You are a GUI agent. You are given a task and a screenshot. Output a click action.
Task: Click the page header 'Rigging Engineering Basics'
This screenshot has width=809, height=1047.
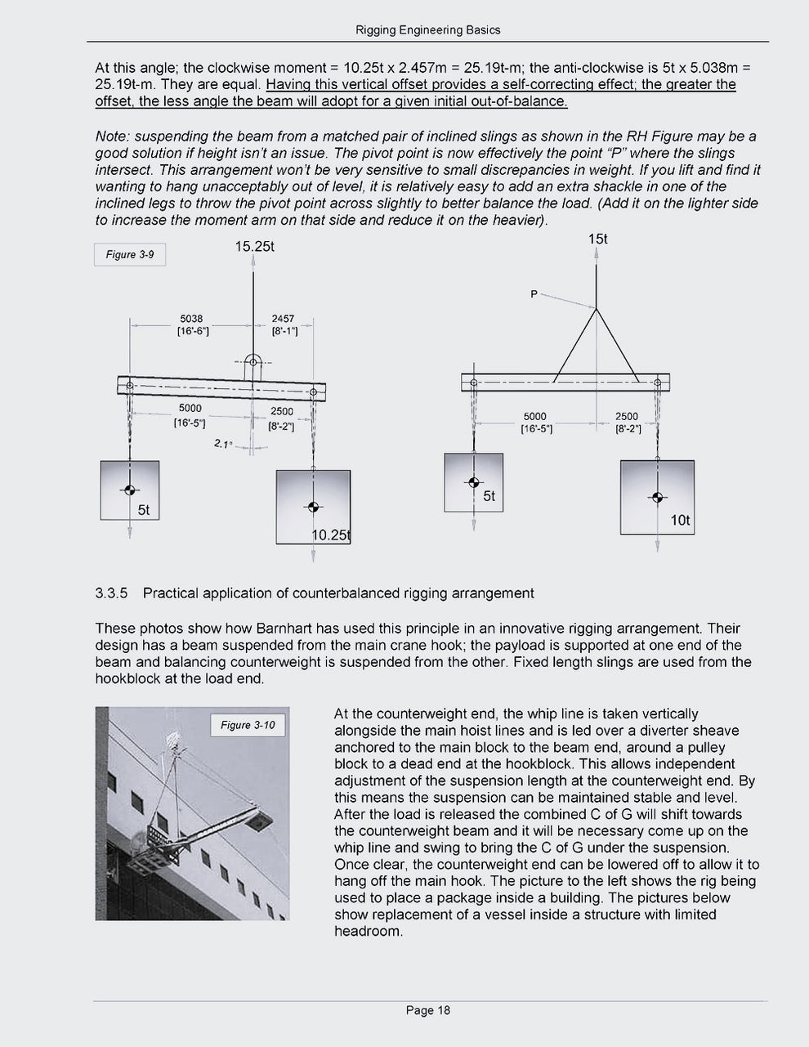coord(427,30)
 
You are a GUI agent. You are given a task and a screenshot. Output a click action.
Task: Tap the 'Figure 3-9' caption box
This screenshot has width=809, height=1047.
coord(130,255)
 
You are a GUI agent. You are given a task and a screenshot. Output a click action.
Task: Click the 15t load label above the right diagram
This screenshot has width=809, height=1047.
coord(597,239)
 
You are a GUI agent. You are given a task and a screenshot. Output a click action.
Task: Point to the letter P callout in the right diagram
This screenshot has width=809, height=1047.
coord(534,294)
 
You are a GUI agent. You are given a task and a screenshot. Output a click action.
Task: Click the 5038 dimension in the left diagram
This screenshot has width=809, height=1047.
coord(191,319)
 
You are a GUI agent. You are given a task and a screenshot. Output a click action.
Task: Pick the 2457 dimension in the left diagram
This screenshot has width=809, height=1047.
coord(283,319)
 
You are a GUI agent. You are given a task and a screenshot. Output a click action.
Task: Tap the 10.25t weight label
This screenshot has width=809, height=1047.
coord(330,535)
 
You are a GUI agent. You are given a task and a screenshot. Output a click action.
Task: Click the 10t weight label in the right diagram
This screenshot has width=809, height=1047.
coord(680,520)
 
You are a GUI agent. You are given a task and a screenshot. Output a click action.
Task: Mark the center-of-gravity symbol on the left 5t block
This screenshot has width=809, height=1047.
coord(129,490)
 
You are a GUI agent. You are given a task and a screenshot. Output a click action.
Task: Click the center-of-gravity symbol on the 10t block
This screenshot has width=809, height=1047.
coord(657,497)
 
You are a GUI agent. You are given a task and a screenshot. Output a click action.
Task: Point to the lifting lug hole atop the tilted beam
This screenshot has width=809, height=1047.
coord(253,362)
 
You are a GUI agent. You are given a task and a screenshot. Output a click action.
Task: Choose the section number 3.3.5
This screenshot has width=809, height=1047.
coord(112,593)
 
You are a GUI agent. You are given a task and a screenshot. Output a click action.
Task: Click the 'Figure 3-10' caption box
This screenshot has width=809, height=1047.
coord(248,725)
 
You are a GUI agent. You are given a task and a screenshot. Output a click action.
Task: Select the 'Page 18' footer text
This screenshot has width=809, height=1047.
coord(428,1010)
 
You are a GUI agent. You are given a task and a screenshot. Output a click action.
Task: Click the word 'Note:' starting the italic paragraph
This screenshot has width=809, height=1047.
coord(112,136)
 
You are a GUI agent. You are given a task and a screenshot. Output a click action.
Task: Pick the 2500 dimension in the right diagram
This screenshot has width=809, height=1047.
coord(627,416)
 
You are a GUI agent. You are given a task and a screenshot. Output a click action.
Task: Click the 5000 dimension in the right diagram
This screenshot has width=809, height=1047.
coord(535,416)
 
